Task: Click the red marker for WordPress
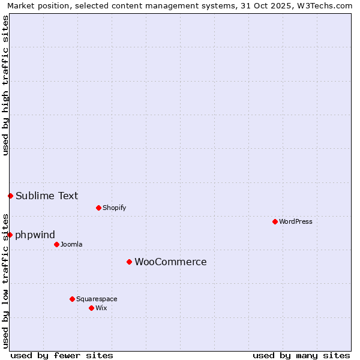pyautogui.click(x=275, y=221)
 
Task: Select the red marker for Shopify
pyautogui.click(x=98, y=208)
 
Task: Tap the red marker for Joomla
pyautogui.click(x=56, y=244)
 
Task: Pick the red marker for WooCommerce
pyautogui.click(x=129, y=262)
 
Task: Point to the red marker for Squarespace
pyautogui.click(x=72, y=299)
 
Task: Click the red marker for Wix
pyautogui.click(x=91, y=308)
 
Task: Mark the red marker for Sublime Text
pyautogui.click(x=10, y=196)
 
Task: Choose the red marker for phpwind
pyautogui.click(x=10, y=235)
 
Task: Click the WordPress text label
pyautogui.click(x=295, y=221)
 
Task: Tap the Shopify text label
pyautogui.click(x=114, y=208)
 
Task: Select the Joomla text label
pyautogui.click(x=71, y=244)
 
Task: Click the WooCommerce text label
pyautogui.click(x=170, y=262)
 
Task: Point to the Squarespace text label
pyautogui.click(x=97, y=299)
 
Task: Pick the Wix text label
pyautogui.click(x=101, y=308)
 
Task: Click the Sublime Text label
pyautogui.click(x=47, y=196)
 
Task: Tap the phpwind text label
pyautogui.click(x=35, y=235)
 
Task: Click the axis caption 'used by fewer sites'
pyautogui.click(x=62, y=355)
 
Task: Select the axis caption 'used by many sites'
pyautogui.click(x=301, y=355)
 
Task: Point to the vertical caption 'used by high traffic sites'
pyautogui.click(x=5, y=85)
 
